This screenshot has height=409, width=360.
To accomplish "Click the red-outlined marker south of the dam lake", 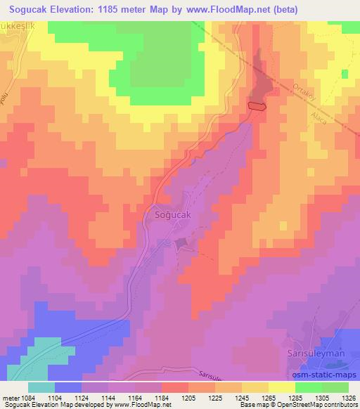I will [257, 106].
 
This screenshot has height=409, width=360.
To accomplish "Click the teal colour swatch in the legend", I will [41, 387].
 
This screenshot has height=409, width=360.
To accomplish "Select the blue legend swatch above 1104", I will [68, 387].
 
